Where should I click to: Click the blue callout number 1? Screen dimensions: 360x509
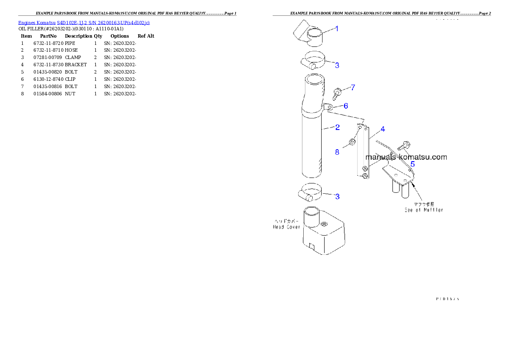tap(337, 29)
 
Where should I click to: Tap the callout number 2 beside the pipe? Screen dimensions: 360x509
tap(337, 127)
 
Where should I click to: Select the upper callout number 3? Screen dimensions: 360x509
tap(337, 65)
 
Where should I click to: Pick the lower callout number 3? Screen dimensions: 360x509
tap(337, 197)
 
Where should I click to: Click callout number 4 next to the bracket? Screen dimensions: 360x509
tap(383, 129)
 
